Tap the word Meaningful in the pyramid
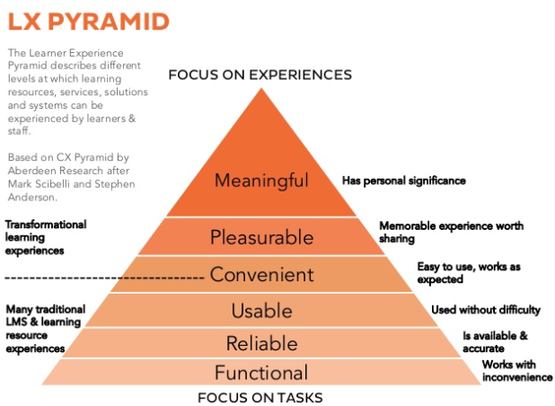coord(261,181)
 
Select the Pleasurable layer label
coord(261,238)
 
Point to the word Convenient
coord(261,275)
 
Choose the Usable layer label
coord(261,311)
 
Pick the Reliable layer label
coord(261,342)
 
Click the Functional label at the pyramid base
coord(261,373)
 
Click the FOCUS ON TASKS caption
coord(261,397)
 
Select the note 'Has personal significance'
coord(403,181)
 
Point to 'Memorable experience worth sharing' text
coord(451,233)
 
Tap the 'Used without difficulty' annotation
coord(485,310)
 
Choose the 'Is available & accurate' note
coord(496,341)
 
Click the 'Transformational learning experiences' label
coord(46,237)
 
